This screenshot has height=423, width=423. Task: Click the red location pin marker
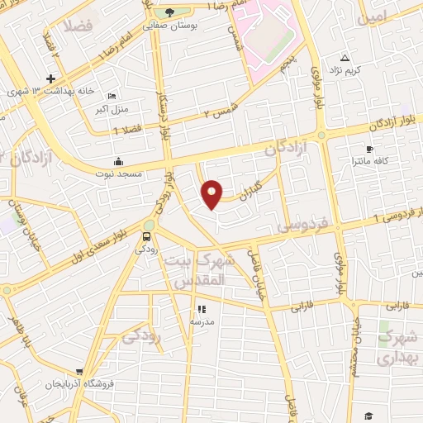point(212,194)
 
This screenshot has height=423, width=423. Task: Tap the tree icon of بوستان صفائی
point(169,12)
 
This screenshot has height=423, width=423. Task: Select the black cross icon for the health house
point(51,78)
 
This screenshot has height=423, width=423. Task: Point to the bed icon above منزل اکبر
point(112,96)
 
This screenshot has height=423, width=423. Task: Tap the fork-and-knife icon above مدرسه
point(201,310)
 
